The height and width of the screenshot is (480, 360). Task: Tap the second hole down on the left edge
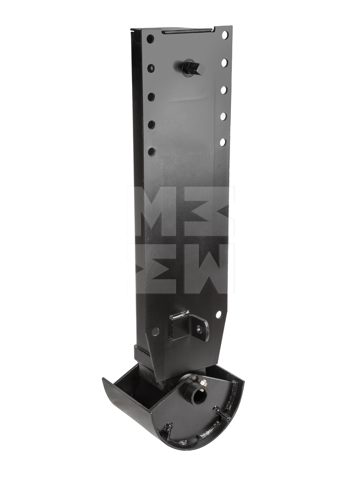151,68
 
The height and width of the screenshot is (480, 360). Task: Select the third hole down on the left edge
151,96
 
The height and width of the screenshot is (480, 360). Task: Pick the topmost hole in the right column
225,35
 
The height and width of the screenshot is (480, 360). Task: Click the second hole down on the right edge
224,63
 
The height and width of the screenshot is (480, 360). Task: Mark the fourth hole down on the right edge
223,116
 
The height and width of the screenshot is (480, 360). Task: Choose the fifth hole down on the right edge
223,142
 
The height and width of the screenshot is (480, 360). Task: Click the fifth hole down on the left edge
151,152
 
